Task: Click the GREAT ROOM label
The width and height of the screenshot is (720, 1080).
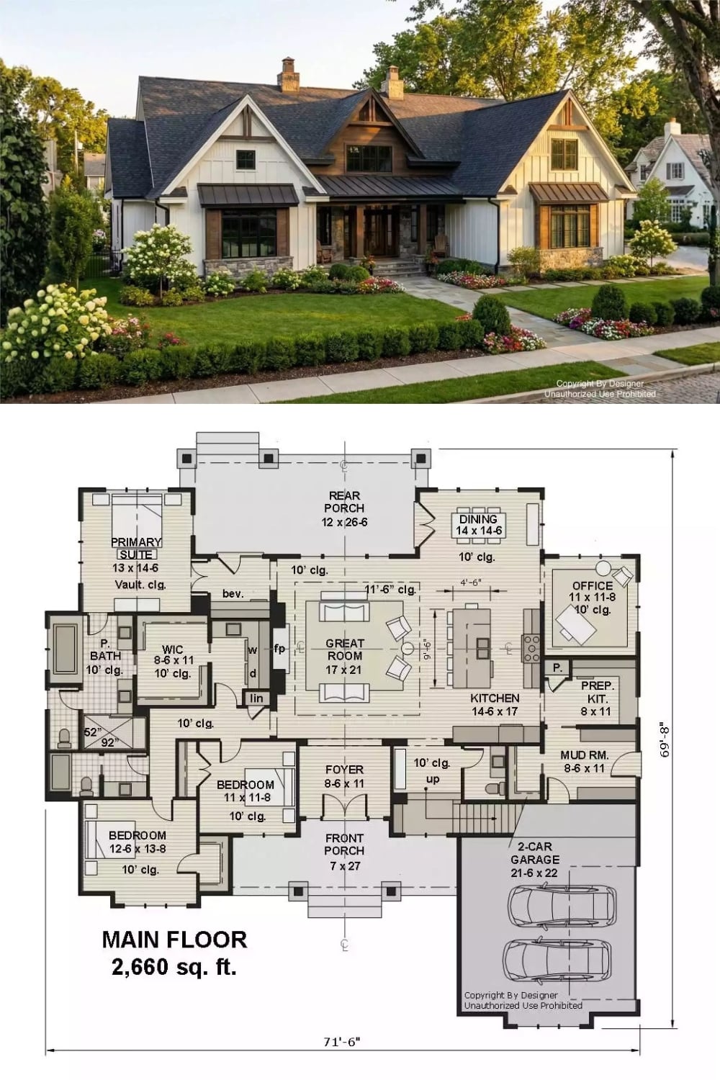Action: point(344,649)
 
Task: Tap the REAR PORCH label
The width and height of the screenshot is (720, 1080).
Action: point(344,501)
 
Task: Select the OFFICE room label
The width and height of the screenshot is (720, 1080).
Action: point(593,586)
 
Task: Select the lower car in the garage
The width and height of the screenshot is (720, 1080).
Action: point(557,960)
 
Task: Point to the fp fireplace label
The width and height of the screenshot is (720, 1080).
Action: point(279,649)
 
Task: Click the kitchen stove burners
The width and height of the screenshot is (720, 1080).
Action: point(532,649)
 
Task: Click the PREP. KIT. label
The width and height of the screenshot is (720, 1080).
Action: point(597,692)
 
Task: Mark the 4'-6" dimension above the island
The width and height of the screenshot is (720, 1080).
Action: point(471,582)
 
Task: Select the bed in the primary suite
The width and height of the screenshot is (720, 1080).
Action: point(137,515)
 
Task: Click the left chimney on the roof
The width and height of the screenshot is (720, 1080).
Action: point(289,75)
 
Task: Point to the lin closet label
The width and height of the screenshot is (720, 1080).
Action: point(256,698)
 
